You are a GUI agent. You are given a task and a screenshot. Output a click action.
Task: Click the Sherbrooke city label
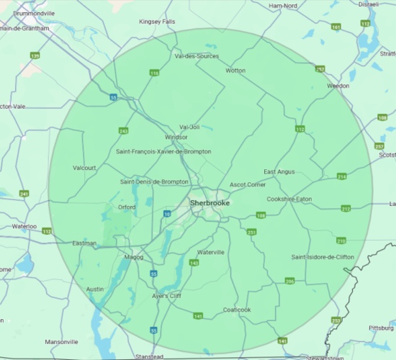tap(210, 203)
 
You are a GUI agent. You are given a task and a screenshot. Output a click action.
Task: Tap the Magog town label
tap(134, 257)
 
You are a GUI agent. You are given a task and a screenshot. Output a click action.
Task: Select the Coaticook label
tap(236, 310)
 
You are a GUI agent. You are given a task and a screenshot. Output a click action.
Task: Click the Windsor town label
tap(176, 137)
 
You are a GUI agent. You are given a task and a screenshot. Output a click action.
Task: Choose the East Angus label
tap(279, 171)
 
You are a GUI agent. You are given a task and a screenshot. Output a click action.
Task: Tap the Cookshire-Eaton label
tap(289, 199)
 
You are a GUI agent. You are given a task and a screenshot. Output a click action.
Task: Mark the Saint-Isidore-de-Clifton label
tap(323, 257)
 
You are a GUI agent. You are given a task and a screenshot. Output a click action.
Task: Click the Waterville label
tap(211, 252)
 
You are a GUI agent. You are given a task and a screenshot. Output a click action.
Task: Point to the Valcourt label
tap(84, 168)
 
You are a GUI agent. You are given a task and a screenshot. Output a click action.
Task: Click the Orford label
tap(126, 207)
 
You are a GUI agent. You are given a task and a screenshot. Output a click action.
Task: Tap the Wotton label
tap(235, 71)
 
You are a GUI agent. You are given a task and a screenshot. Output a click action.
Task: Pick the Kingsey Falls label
tap(157, 22)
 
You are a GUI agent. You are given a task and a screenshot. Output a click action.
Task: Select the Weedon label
tap(338, 86)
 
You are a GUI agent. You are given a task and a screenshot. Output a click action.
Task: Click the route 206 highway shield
tap(289, 281)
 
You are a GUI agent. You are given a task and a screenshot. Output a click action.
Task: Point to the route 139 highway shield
tap(35, 55)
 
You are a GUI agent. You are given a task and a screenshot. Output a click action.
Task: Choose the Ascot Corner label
tap(248, 185)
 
